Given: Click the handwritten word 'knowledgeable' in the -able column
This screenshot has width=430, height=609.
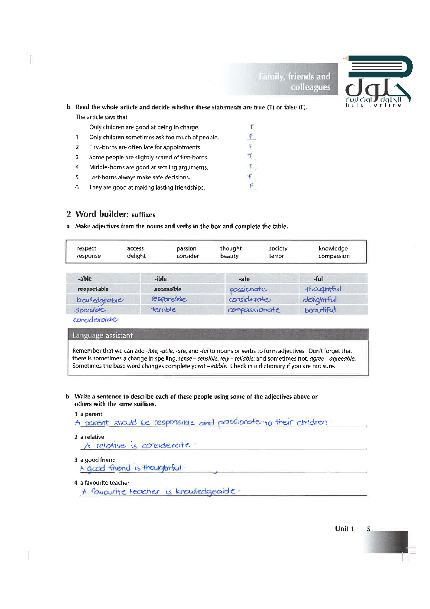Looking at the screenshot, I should pos(100,300).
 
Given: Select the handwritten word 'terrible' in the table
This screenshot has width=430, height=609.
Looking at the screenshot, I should pos(164,309).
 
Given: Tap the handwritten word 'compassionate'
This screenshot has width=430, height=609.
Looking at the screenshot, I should pos(254,310).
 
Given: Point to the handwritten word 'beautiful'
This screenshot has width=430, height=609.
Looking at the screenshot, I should pos(320,310).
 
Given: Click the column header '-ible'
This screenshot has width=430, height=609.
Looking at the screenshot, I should pos(160,279).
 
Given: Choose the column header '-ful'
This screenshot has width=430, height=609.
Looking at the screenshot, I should pos(318,279).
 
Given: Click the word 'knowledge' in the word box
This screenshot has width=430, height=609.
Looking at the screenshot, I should pos(333,248).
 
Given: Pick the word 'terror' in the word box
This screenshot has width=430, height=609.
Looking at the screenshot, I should pos(276,256).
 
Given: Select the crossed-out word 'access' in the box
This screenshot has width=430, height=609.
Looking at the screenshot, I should pos(135,248).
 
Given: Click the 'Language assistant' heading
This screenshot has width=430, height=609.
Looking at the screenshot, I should pos(102,335).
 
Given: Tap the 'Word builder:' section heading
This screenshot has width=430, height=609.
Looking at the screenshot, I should pos(102,214).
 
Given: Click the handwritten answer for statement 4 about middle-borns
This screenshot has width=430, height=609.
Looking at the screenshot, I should pos(251,167).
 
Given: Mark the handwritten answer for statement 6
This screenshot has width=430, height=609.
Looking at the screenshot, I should pos(251,186).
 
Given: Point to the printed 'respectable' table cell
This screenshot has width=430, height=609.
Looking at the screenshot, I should pos(93,289).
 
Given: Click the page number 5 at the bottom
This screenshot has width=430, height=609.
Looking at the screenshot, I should pos(368,529).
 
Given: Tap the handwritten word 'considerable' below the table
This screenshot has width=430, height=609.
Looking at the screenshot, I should pos(95,320).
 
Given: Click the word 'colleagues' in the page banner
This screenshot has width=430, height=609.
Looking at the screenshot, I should pos(310,87).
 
